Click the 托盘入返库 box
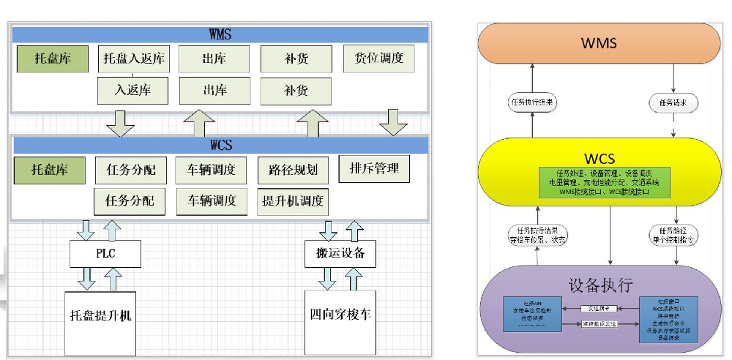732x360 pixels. click(x=133, y=59)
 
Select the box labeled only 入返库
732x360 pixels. click(x=133, y=91)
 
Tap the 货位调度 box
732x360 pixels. click(x=379, y=58)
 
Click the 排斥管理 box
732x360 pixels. click(x=374, y=169)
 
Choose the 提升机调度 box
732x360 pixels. click(x=292, y=200)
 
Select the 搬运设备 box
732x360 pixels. click(x=340, y=254)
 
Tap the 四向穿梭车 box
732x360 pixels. click(x=340, y=320)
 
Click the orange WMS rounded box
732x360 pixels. click(x=600, y=43)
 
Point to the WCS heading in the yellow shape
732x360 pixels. click(x=600, y=158)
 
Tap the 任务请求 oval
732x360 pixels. click(x=673, y=102)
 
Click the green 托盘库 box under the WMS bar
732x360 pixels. click(x=52, y=59)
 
